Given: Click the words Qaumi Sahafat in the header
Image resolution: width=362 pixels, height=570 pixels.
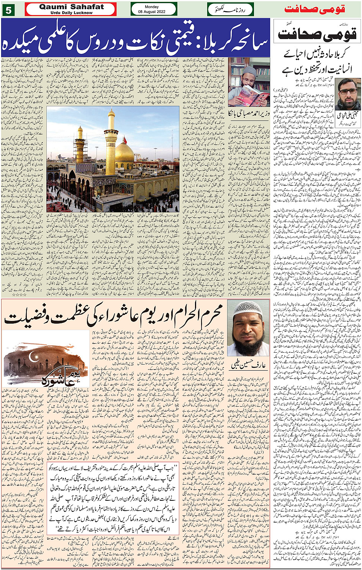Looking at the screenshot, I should tap(71, 7).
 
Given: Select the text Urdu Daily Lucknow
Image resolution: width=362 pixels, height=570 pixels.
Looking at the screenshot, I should tap(71, 13).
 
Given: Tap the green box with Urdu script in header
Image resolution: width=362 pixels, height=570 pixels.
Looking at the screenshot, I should tap(230, 9).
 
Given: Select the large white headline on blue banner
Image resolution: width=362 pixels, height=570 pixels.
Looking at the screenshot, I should tap(136, 37).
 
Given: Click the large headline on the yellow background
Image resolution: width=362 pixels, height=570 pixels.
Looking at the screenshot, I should tap(115, 316).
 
